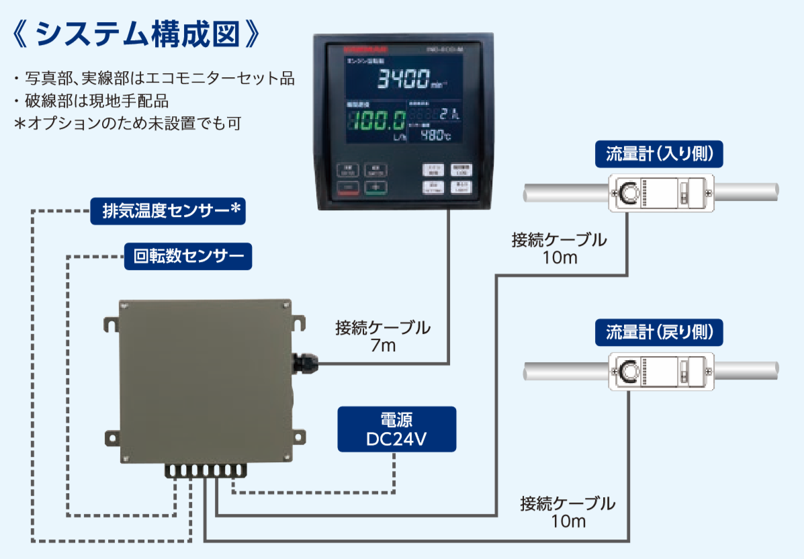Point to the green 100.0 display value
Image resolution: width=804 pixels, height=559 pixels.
[x=376, y=122]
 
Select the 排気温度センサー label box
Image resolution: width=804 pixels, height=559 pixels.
[x=168, y=211]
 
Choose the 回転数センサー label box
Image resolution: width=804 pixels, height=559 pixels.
[x=188, y=256]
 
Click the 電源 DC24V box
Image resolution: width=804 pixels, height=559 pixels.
[x=397, y=428]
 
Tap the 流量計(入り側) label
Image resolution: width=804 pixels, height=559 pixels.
[x=659, y=155]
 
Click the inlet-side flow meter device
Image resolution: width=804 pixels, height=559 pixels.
[x=660, y=192]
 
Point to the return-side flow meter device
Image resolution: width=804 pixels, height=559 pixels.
[x=660, y=370]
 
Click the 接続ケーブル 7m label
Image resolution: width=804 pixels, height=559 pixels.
[x=382, y=337]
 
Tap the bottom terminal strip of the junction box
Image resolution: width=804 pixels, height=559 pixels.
[x=206, y=470]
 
